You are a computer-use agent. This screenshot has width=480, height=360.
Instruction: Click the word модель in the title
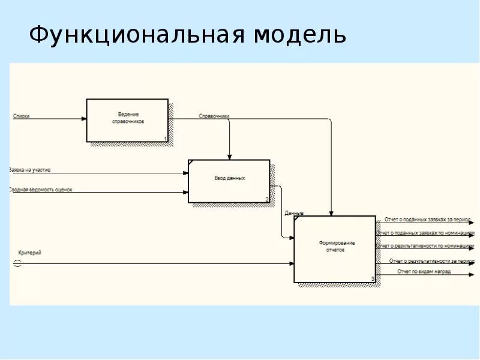coord(299,35)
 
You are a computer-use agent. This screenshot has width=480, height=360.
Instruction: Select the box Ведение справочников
coord(127,119)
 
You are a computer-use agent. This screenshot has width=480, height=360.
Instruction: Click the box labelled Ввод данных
coord(229,181)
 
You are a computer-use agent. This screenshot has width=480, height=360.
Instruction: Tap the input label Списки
coord(21,116)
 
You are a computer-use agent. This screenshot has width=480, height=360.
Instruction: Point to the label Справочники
coord(214,116)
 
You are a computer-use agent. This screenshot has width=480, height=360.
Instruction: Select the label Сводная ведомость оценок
coord(41,190)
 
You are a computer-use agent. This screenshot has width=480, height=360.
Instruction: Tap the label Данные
coord(294,213)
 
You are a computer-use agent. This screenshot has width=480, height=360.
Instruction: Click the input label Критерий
coord(30,253)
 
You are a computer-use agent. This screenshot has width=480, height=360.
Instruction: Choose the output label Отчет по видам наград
coord(424,271)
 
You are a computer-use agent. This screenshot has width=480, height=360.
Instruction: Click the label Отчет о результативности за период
coord(431,261)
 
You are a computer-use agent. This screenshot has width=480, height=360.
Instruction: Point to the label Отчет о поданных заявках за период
coord(427,220)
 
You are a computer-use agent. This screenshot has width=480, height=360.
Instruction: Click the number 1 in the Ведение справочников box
coord(165,139)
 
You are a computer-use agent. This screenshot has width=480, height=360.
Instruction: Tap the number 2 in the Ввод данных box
coord(267,199)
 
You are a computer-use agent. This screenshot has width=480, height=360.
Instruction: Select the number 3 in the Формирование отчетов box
coord(373,279)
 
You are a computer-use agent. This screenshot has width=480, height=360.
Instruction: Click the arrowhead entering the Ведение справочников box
coord(83,119)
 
